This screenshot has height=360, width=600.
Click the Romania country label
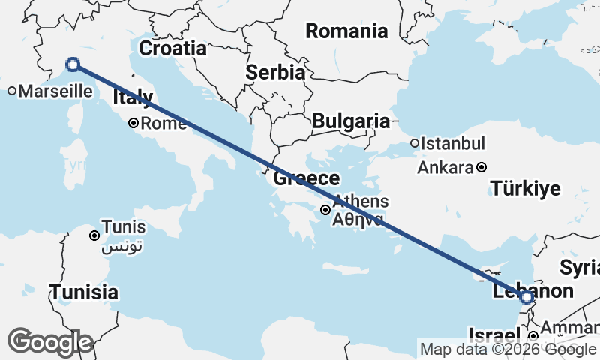[346, 31]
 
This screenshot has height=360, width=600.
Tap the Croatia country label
[172, 49]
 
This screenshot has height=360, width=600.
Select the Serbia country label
[275, 73]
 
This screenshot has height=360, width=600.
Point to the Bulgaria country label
[351, 121]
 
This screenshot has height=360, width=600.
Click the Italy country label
[133, 97]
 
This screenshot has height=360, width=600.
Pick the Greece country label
[306, 178]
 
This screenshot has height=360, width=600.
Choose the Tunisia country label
[83, 292]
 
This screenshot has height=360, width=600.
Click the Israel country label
[493, 334]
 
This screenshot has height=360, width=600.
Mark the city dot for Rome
[133, 123]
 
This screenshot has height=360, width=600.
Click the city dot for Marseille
[13, 91]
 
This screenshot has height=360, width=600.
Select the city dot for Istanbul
[414, 143]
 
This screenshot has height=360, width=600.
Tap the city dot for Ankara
[481, 167]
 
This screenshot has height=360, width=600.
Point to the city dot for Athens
[325, 210]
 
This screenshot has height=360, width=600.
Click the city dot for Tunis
[94, 235]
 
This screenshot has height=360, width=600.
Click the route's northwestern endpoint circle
[73, 64]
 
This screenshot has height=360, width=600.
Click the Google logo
[49, 342]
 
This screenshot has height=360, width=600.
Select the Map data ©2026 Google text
[508, 349]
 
